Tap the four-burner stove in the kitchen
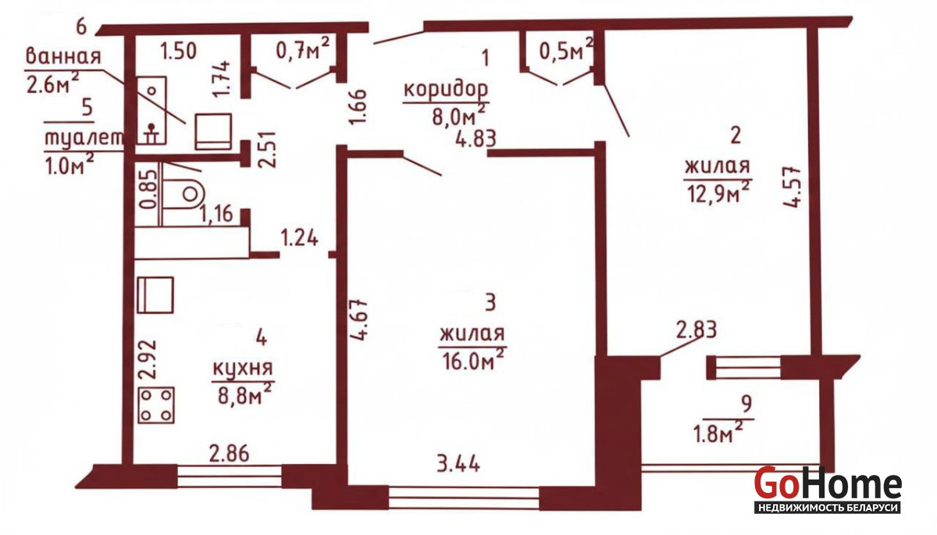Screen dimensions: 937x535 (x=156, y=405)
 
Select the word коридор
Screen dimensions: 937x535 (x=446, y=89)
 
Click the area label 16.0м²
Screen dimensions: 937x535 (x=472, y=360)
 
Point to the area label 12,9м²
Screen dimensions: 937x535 (x=718, y=192)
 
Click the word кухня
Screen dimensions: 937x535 (x=243, y=369)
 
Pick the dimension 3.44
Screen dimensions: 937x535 (x=458, y=464)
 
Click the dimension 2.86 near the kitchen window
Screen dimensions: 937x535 (x=230, y=454)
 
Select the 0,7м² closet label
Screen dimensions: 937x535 (x=303, y=48)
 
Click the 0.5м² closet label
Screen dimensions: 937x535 (x=566, y=49)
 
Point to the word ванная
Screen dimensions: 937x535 (x=63, y=56)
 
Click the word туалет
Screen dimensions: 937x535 (x=84, y=137)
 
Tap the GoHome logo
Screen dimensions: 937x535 (x=828, y=489)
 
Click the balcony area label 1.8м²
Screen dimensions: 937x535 (x=718, y=433)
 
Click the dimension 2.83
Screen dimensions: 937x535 (x=697, y=330)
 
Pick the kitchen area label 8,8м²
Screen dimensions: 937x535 (x=245, y=394)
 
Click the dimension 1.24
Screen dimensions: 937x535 (x=300, y=238)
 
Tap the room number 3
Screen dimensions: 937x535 (x=490, y=302)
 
